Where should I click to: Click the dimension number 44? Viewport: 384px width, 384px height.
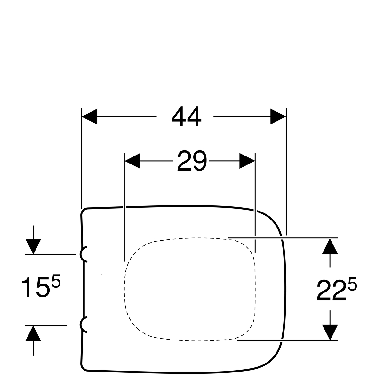(186, 116)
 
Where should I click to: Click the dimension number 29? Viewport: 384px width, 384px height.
(192, 161)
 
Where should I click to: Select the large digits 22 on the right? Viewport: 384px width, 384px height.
(331, 290)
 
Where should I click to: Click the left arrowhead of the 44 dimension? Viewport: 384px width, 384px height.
(90, 116)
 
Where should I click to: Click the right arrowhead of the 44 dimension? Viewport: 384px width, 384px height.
(278, 116)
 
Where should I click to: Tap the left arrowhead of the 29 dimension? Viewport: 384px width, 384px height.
(132, 161)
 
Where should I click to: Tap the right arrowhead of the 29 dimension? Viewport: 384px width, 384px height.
(247, 161)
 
